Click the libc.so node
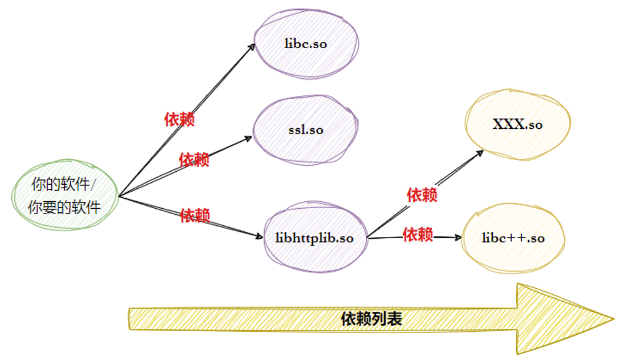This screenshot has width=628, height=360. pos(306,45)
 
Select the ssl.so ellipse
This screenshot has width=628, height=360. pos(305,129)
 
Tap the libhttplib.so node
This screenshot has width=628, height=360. pos(315,238)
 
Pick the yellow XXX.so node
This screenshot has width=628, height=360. pos(517,125)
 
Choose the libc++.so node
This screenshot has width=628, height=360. pos(513,238)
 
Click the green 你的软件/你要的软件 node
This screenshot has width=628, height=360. pos(65,196)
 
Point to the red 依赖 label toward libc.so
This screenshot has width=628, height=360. pos(179,119)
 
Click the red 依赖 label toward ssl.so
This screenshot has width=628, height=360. pos(194,159)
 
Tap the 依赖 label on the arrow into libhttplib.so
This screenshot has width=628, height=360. pos(195,215)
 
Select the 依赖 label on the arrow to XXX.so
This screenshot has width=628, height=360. pos(422,195)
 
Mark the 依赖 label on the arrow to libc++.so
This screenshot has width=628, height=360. pos(418,235)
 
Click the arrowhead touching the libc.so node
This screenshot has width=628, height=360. pos(252,46)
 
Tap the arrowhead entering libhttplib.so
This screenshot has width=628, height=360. pos(260,236)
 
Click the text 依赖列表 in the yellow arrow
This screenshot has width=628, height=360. pos(372,319)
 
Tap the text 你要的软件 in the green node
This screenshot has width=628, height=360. pos(65,207)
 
